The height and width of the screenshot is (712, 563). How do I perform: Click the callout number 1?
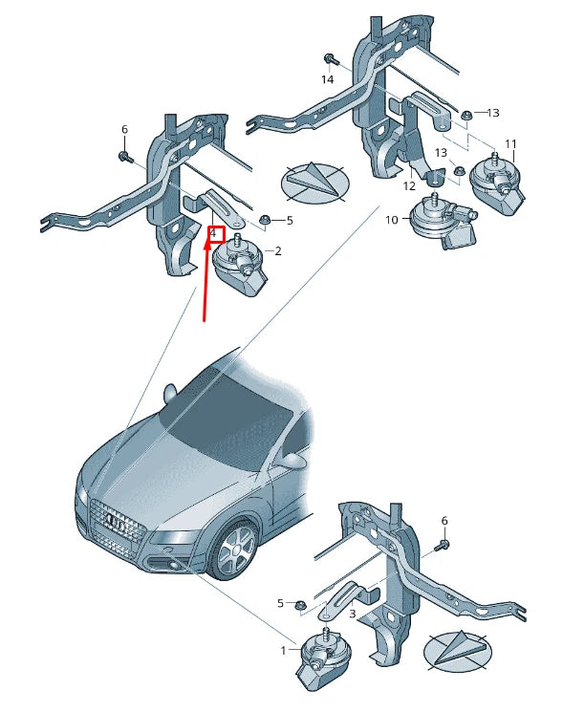[x=283, y=651]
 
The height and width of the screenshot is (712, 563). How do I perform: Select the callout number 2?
[x=277, y=251]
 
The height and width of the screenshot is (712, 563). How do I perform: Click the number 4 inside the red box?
[x=214, y=232]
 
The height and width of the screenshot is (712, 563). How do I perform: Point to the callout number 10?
[x=391, y=221]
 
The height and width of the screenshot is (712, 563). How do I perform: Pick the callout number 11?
[x=510, y=144]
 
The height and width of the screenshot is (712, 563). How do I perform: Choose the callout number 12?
[x=408, y=186]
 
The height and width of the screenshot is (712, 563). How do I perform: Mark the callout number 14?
[x=328, y=79]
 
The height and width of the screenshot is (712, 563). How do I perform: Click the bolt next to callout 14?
[x=329, y=59]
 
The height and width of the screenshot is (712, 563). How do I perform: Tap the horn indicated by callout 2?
[x=239, y=263]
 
